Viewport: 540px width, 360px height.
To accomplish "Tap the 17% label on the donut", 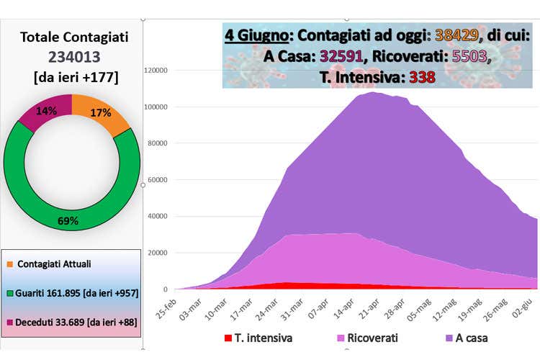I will pos(101,112).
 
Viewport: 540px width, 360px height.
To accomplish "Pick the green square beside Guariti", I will pos(9,292).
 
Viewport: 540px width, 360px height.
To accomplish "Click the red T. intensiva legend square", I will pos(228,337).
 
